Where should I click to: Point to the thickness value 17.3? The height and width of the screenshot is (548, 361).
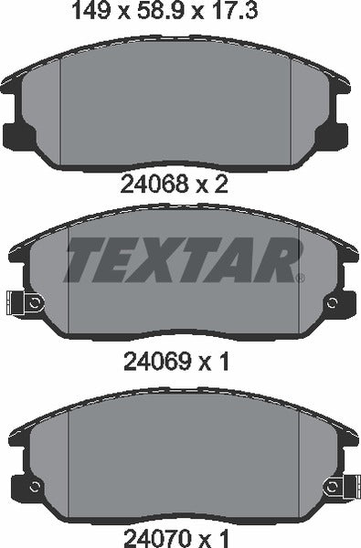coord(244,12)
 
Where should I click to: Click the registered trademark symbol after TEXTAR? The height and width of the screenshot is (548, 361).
coord(299,276)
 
